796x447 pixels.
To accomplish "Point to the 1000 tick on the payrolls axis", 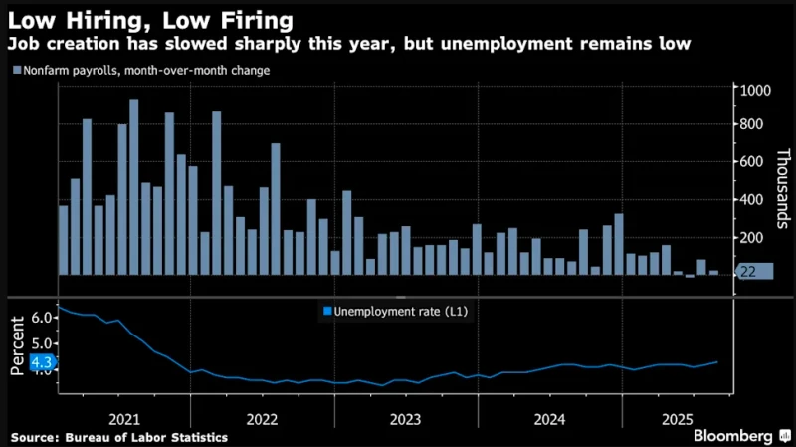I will [x=753, y=91].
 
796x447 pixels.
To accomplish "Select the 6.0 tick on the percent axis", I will [x=41, y=317].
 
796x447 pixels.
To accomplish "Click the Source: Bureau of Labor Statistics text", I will [x=119, y=437].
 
